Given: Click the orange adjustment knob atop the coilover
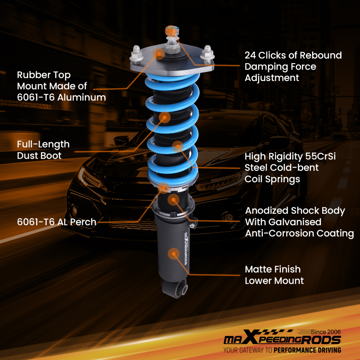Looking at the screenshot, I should click(x=172, y=31).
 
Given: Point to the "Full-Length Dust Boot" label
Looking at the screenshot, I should click(x=43, y=150).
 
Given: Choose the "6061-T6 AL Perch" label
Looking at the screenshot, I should click(x=57, y=222).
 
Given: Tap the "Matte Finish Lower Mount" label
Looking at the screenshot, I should click(x=274, y=275).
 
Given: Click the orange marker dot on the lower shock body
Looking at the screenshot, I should click(x=174, y=254).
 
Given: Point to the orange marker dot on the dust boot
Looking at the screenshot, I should click(x=165, y=117).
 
